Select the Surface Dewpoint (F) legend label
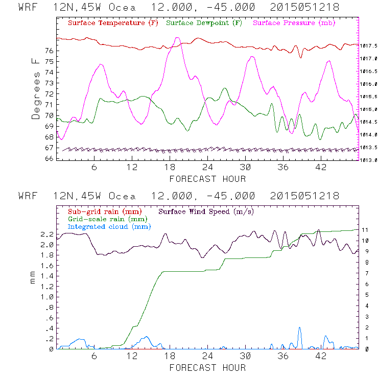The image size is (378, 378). (x=205, y=23)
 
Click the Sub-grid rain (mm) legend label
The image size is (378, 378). (x=104, y=210)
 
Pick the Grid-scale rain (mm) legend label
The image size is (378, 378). (x=106, y=219)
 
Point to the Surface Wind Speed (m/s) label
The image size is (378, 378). (x=206, y=210)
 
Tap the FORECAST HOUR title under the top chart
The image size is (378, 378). (x=207, y=179)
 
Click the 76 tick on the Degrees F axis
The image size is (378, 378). (x=49, y=51)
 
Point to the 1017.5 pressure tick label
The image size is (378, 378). (x=369, y=45)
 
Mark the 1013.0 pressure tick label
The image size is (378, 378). (x=369, y=160)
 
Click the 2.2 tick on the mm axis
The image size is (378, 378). (x=47, y=234)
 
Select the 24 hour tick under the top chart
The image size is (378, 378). (x=207, y=167)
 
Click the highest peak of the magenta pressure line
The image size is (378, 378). (x=177, y=38)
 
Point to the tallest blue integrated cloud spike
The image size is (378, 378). (x=299, y=328)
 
